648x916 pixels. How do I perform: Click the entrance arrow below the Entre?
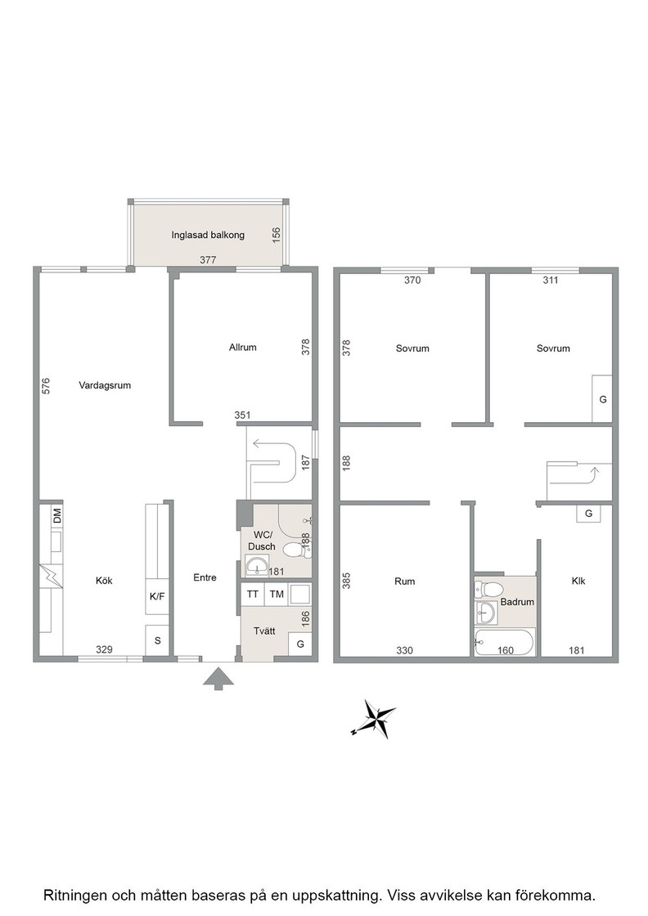pyautogui.click(x=218, y=679)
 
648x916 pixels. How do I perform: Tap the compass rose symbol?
pyautogui.click(x=374, y=719)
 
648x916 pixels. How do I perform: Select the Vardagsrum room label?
pyautogui.click(x=105, y=385)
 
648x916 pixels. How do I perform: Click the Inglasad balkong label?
pyautogui.click(x=208, y=235)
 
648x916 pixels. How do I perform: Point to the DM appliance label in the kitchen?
pyautogui.click(x=57, y=516)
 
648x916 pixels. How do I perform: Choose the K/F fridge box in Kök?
pyautogui.click(x=157, y=596)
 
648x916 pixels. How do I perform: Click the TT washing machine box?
pyautogui.click(x=253, y=594)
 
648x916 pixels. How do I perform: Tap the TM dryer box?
pyautogui.click(x=277, y=594)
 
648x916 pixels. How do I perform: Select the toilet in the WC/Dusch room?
pyautogui.click(x=296, y=550)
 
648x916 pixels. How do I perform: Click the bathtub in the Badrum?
pyautogui.click(x=504, y=642)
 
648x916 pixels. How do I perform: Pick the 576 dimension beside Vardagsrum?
pyautogui.click(x=46, y=385)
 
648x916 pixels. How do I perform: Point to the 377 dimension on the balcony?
pyautogui.click(x=208, y=260)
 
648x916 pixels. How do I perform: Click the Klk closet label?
pyautogui.click(x=578, y=581)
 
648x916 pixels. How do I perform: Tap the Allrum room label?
pyautogui.click(x=242, y=347)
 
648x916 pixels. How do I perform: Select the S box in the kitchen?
pyautogui.click(x=157, y=640)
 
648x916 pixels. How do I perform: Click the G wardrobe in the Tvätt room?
pyautogui.click(x=300, y=644)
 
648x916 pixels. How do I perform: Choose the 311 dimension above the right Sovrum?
pyautogui.click(x=551, y=280)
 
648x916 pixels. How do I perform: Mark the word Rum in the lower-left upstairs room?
pyautogui.click(x=404, y=581)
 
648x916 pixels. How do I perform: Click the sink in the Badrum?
pyautogui.click(x=485, y=613)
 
